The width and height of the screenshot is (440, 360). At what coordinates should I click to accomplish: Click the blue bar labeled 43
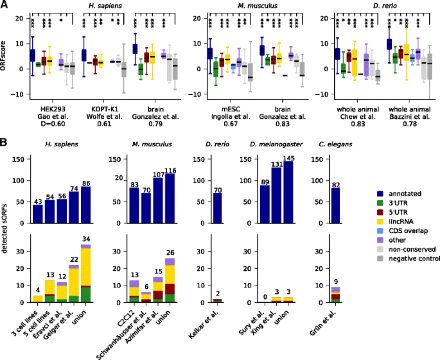click(38, 214)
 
